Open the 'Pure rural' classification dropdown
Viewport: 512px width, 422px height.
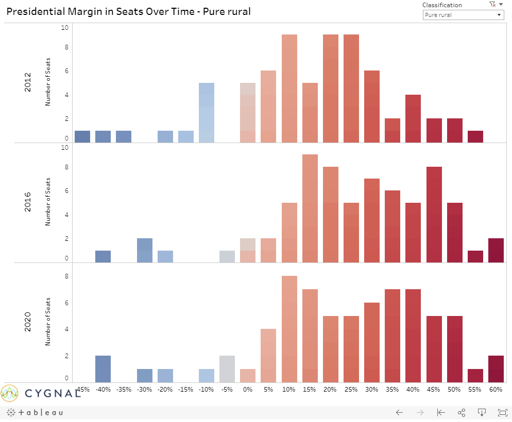tap(463, 15)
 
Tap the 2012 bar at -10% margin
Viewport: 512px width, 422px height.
tap(207, 113)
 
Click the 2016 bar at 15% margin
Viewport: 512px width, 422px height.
tap(310, 208)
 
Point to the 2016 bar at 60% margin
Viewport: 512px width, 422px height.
tap(496, 251)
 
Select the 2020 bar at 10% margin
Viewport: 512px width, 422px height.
tap(289, 329)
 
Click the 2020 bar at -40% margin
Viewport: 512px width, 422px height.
tap(103, 369)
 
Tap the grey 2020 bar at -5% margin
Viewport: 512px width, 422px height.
tap(227, 369)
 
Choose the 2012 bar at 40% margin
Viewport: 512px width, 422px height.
tap(413, 118)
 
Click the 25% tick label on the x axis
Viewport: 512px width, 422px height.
tap(351, 390)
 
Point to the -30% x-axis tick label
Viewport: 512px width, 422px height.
tap(144, 390)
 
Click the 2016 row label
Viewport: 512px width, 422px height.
tap(28, 202)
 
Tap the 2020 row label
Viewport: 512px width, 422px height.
tap(28, 322)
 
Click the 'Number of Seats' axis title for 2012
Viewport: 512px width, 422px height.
tap(48, 82)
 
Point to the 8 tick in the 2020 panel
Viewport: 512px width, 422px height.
tap(66, 276)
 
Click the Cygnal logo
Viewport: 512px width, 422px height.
tap(41, 394)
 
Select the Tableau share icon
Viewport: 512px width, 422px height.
tap(462, 412)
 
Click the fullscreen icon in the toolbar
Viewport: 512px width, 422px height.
tap(502, 412)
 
